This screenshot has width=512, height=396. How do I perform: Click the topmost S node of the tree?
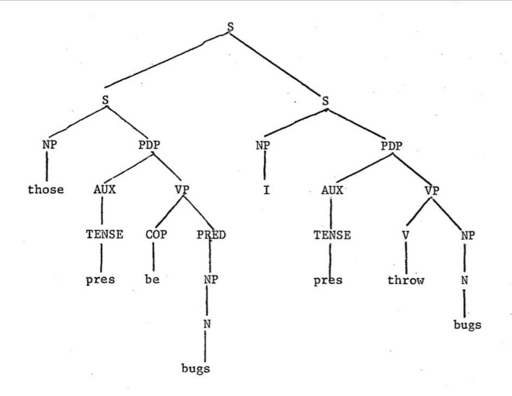[230, 26]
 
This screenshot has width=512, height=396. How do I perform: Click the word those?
[46, 190]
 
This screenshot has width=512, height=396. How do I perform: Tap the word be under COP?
[152, 281]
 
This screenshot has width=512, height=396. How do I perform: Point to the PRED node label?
[210, 235]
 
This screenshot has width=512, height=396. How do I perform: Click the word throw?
[405, 281]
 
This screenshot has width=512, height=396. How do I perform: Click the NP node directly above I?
[264, 145]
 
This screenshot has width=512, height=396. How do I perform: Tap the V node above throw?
[406, 235]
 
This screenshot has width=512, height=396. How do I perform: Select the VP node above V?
[432, 190]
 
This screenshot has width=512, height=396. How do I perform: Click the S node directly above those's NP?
[107, 100]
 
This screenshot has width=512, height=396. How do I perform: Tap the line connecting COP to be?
[154, 258]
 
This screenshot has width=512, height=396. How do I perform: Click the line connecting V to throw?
[406, 258]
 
